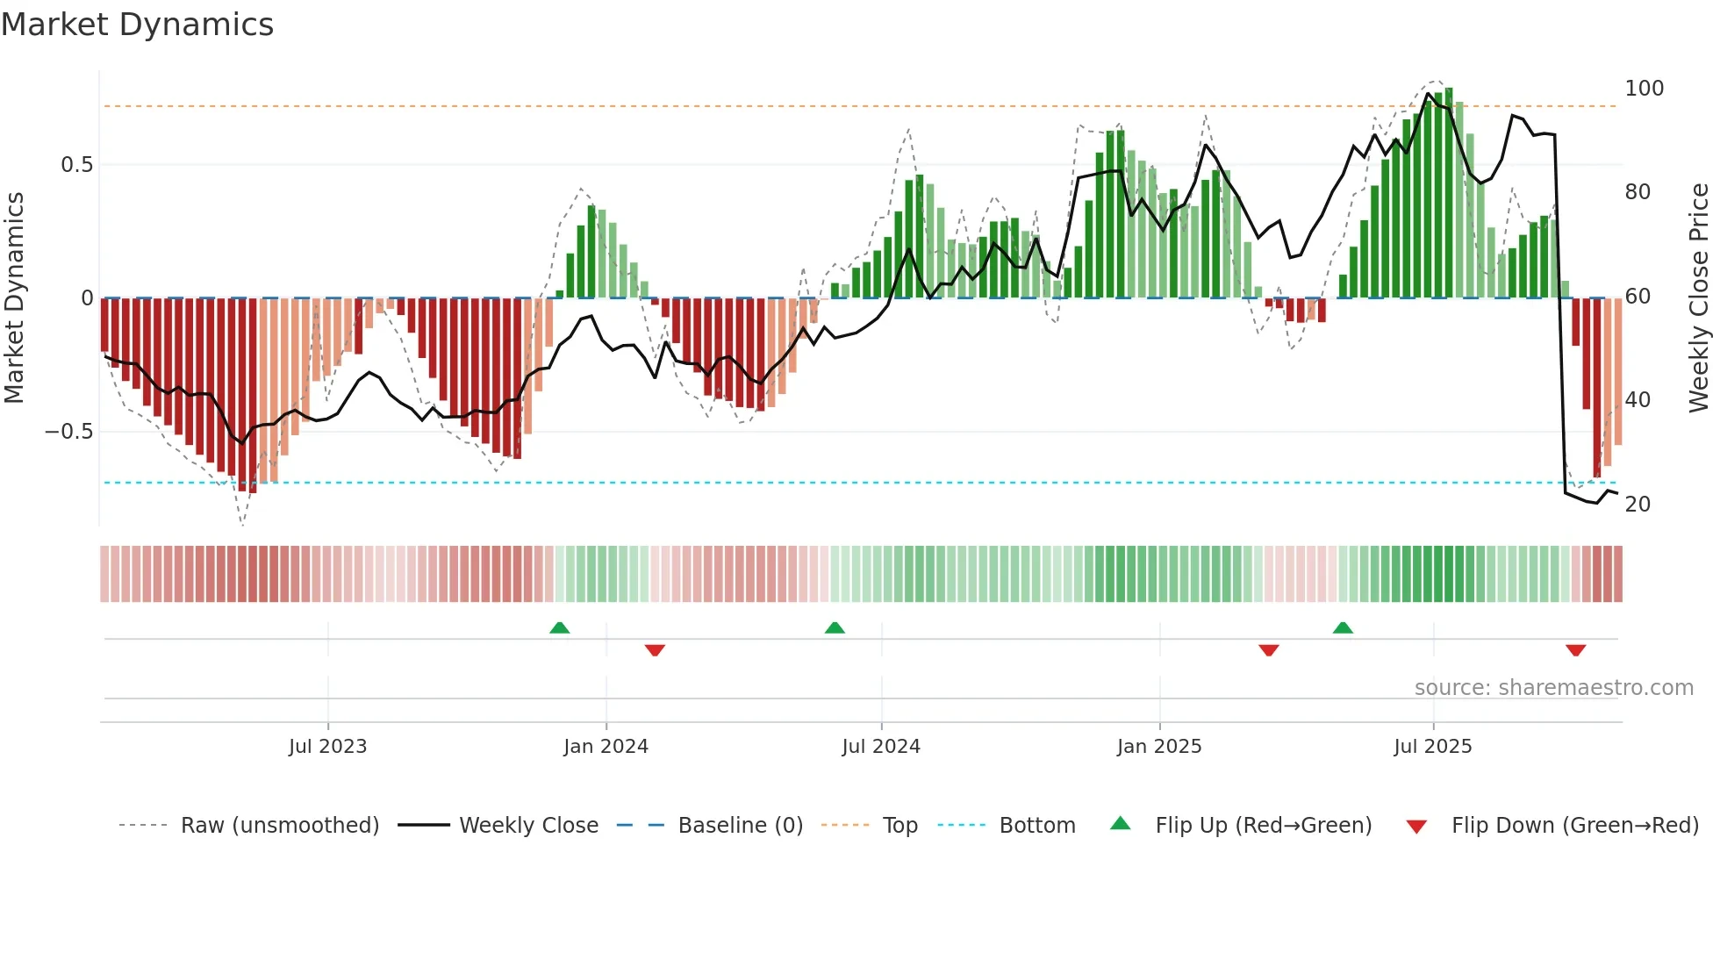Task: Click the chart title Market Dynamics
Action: pyautogui.click(x=137, y=25)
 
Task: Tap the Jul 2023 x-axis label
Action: pyautogui.click(x=327, y=747)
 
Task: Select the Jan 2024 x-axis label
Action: pyautogui.click(x=606, y=747)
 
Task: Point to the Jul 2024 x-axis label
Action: pyautogui.click(x=881, y=747)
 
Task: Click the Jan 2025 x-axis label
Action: pyautogui.click(x=1159, y=747)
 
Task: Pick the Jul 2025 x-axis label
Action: pyautogui.click(x=1433, y=747)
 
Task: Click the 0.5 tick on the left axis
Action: pyautogui.click(x=76, y=165)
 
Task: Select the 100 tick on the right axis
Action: pyautogui.click(x=1644, y=89)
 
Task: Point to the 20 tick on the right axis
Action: pyautogui.click(x=1638, y=505)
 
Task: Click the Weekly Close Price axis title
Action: pyautogui.click(x=1699, y=298)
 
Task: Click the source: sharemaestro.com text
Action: pyautogui.click(x=1553, y=688)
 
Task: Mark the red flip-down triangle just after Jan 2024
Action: pyautogui.click(x=655, y=650)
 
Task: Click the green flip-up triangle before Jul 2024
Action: pyautogui.click(x=835, y=627)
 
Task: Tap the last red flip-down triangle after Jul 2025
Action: pyautogui.click(x=1575, y=650)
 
